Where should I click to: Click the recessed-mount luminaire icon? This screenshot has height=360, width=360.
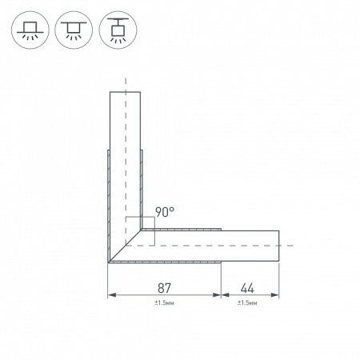[30, 30]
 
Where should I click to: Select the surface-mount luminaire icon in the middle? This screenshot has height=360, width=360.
[74, 30]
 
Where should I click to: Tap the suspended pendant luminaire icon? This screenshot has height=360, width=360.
[118, 30]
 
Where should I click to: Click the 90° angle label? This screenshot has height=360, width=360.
[165, 212]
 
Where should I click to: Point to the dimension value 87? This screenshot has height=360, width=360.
[164, 288]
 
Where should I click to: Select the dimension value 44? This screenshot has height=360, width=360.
[247, 288]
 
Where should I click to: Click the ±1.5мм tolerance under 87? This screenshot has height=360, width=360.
[164, 303]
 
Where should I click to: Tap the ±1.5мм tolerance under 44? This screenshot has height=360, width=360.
[247, 303]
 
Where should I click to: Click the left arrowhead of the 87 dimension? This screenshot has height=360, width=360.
[112, 295]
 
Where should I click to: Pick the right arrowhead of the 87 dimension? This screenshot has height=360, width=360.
[217, 295]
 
